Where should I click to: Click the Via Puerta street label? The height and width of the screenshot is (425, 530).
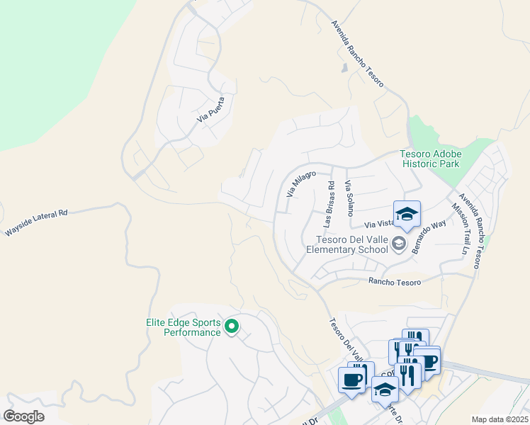coord(211,110)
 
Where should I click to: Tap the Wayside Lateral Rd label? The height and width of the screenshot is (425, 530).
coord(36,222)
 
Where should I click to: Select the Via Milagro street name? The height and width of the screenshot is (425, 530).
coord(300,183)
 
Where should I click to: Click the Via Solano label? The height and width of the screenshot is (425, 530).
coord(348,198)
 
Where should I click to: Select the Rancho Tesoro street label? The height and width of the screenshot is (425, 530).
coord(395,282)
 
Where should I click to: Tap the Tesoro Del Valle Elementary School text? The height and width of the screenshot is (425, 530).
coord(347,244)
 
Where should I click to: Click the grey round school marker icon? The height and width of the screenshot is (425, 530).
coord(399,244)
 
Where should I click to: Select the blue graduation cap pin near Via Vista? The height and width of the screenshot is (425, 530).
coord(407,215)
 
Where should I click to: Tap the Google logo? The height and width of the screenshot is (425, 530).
coord(24,416)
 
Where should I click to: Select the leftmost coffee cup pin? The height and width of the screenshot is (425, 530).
coord(351,380)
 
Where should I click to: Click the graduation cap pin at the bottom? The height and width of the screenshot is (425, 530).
coord(385,389)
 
